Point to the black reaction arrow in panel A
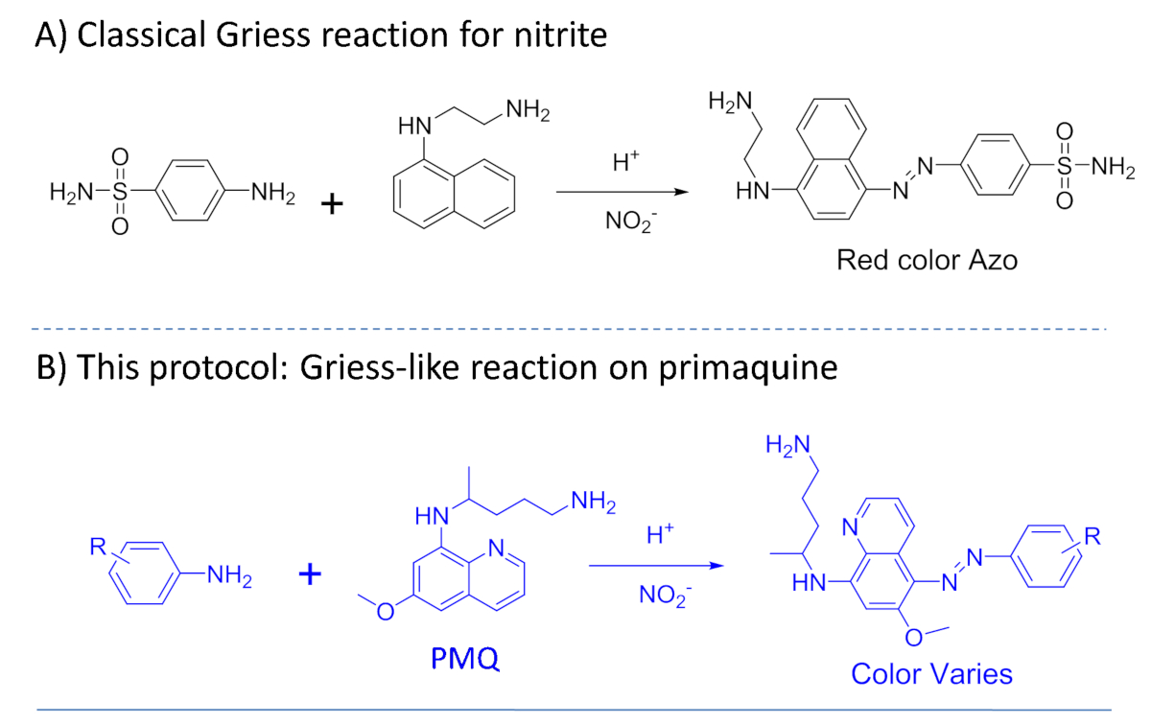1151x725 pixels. pos(623,192)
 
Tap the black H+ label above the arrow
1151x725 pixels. pos(624,164)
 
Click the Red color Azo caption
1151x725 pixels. pos(927,259)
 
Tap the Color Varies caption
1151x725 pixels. pos(931,673)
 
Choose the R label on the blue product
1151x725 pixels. pos(1092,536)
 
